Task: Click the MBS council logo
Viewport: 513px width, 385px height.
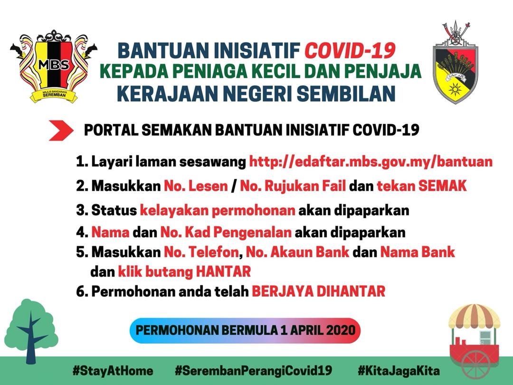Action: tap(53, 67)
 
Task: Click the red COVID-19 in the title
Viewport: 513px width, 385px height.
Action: tap(350, 50)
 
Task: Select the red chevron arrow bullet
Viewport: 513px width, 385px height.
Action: tap(61, 130)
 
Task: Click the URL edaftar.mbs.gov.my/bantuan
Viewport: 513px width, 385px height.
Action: tap(370, 162)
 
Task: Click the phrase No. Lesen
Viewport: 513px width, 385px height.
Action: tap(196, 186)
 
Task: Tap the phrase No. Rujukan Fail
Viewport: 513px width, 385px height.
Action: tap(293, 186)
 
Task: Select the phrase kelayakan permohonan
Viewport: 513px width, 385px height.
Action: tap(218, 210)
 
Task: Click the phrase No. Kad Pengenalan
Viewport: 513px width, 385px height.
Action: tap(226, 232)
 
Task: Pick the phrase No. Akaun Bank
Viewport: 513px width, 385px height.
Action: tap(297, 252)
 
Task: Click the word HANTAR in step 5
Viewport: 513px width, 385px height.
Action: tap(223, 271)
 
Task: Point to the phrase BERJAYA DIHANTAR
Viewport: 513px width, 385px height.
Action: tap(318, 291)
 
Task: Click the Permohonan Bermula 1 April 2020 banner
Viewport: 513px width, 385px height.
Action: tap(245, 330)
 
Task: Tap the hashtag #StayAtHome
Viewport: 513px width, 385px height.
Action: tap(113, 371)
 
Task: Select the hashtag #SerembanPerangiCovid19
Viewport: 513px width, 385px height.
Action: tap(253, 371)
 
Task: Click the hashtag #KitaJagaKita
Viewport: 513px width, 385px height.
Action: tap(399, 371)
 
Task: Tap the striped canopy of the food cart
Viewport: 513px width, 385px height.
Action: tap(474, 316)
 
